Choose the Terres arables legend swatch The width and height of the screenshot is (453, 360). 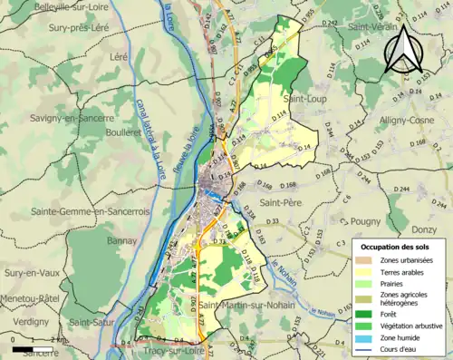(x=366, y=272)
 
